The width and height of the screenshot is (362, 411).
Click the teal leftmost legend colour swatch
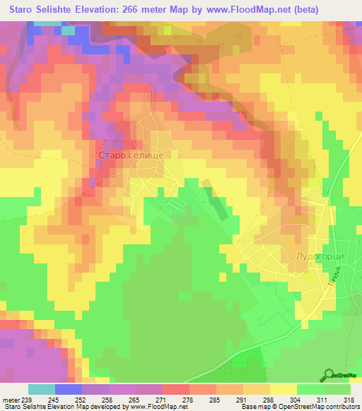[x=41, y=389]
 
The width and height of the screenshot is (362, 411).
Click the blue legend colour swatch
[x=68, y=389]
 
